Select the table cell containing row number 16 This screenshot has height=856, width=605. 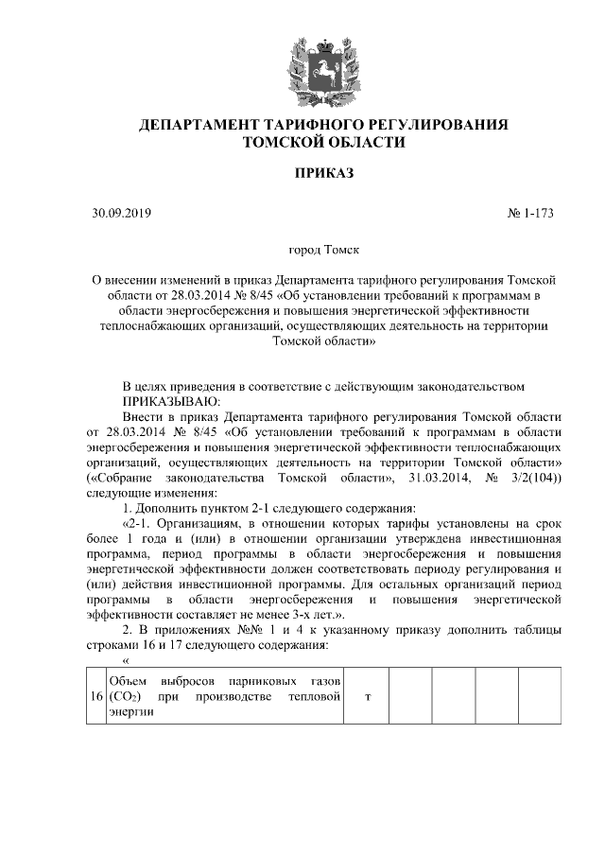[x=95, y=697]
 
